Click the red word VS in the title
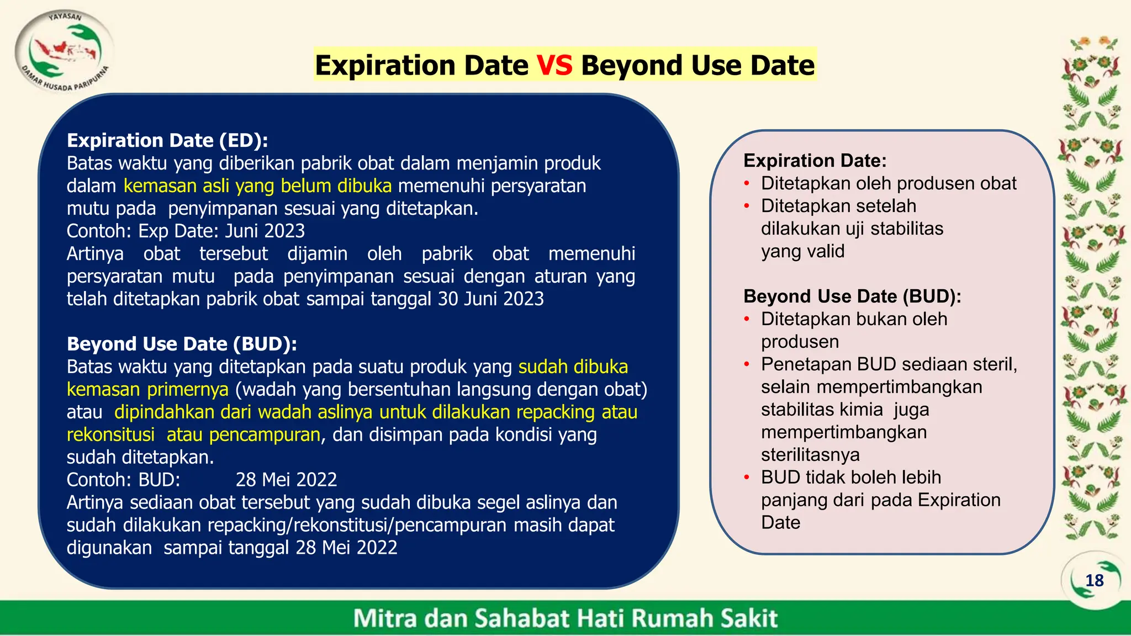point(554,65)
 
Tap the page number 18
point(1094,580)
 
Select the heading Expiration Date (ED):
point(167,140)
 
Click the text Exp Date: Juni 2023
point(221,231)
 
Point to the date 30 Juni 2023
point(490,299)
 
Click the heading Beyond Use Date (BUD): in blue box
point(182,344)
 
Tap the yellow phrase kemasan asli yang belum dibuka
point(257,186)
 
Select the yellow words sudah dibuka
point(573,367)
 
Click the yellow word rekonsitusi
point(110,434)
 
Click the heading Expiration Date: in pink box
point(815,161)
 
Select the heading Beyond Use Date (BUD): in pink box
point(852,296)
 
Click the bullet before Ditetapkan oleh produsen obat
point(747,184)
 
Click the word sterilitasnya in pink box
point(810,455)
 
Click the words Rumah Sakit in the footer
point(704,618)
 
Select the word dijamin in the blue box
point(317,253)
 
